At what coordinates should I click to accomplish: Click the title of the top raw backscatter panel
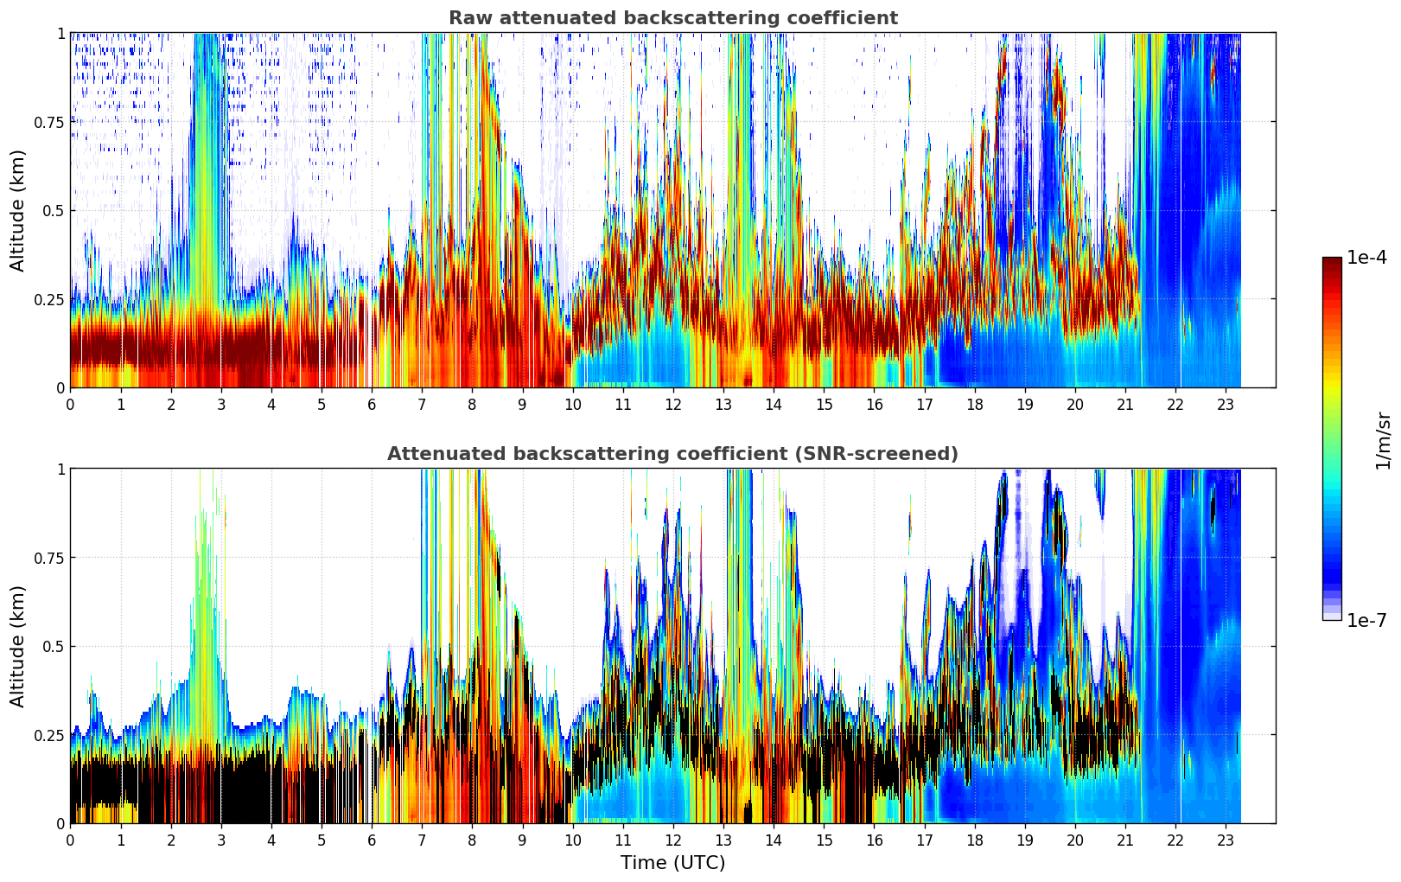pyautogui.click(x=672, y=18)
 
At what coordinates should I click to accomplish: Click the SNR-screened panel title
pyautogui.click(x=672, y=454)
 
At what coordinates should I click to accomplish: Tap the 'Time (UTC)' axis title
pyautogui.click(x=672, y=863)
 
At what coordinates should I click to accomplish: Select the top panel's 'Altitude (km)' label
pyautogui.click(x=18, y=210)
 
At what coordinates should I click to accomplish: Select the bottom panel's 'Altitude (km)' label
pyautogui.click(x=18, y=646)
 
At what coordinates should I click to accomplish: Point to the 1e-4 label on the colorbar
pyautogui.click(x=1366, y=258)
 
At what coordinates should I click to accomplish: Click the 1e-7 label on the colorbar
pyautogui.click(x=1366, y=620)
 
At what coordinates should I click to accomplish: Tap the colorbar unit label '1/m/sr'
pyautogui.click(x=1383, y=440)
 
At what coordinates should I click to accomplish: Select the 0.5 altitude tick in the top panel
pyautogui.click(x=54, y=211)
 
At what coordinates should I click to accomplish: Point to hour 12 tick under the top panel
pyautogui.click(x=673, y=404)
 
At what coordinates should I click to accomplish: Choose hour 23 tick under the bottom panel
pyautogui.click(x=1226, y=840)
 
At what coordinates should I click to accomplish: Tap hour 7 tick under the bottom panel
pyautogui.click(x=422, y=840)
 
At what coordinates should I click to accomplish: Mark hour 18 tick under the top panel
pyautogui.click(x=975, y=404)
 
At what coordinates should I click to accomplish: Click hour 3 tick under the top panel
pyautogui.click(x=221, y=404)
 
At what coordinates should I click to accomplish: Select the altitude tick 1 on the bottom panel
pyautogui.click(x=60, y=470)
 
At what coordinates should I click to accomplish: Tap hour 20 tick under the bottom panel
pyautogui.click(x=1075, y=840)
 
